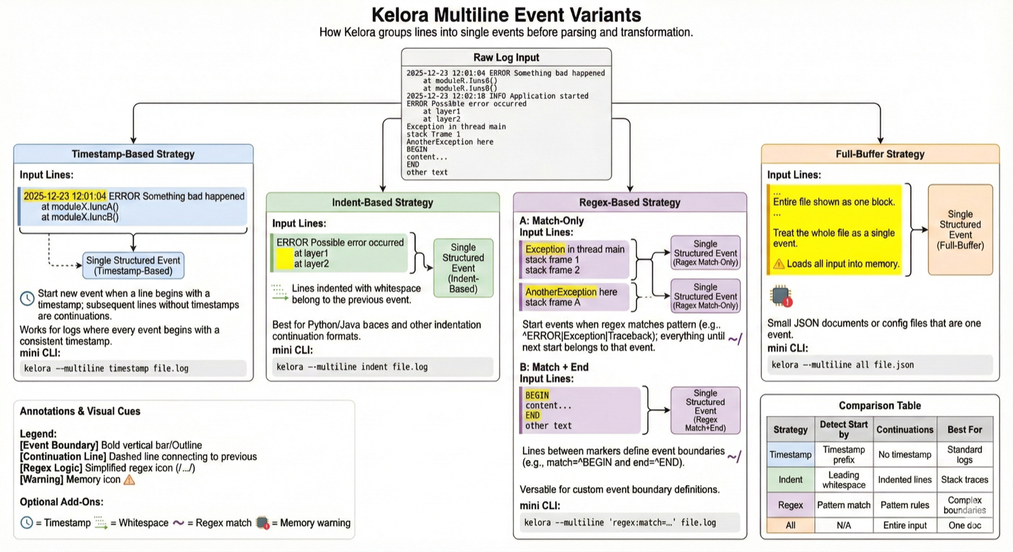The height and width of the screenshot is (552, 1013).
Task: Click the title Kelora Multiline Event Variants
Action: [506, 15]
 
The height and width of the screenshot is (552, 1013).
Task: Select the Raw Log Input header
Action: [506, 58]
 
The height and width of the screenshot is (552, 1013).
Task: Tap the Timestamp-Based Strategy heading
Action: [133, 154]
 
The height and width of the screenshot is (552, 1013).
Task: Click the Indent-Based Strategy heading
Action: [382, 203]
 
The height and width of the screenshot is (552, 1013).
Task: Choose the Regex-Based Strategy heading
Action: [629, 203]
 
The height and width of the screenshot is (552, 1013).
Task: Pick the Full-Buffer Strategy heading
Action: [879, 154]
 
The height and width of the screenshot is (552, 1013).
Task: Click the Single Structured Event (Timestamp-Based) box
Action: [133, 266]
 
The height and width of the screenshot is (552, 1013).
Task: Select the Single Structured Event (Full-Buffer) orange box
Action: [960, 230]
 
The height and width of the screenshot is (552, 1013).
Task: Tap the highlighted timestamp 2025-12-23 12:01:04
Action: [65, 196]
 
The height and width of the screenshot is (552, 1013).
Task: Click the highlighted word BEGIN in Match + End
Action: [537, 395]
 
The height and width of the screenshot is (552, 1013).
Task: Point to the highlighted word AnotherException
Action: [560, 292]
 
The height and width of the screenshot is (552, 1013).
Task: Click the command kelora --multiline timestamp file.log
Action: [106, 368]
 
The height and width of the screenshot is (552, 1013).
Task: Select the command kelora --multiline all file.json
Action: [841, 365]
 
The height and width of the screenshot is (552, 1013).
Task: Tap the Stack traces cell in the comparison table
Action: [964, 480]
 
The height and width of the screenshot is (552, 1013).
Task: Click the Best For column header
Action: [964, 429]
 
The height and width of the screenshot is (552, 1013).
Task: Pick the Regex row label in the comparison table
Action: [790, 505]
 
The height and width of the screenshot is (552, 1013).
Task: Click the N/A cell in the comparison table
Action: [843, 525]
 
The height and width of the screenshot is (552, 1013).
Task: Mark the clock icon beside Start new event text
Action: [27, 298]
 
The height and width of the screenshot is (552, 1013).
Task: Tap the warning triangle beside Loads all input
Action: [779, 264]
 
